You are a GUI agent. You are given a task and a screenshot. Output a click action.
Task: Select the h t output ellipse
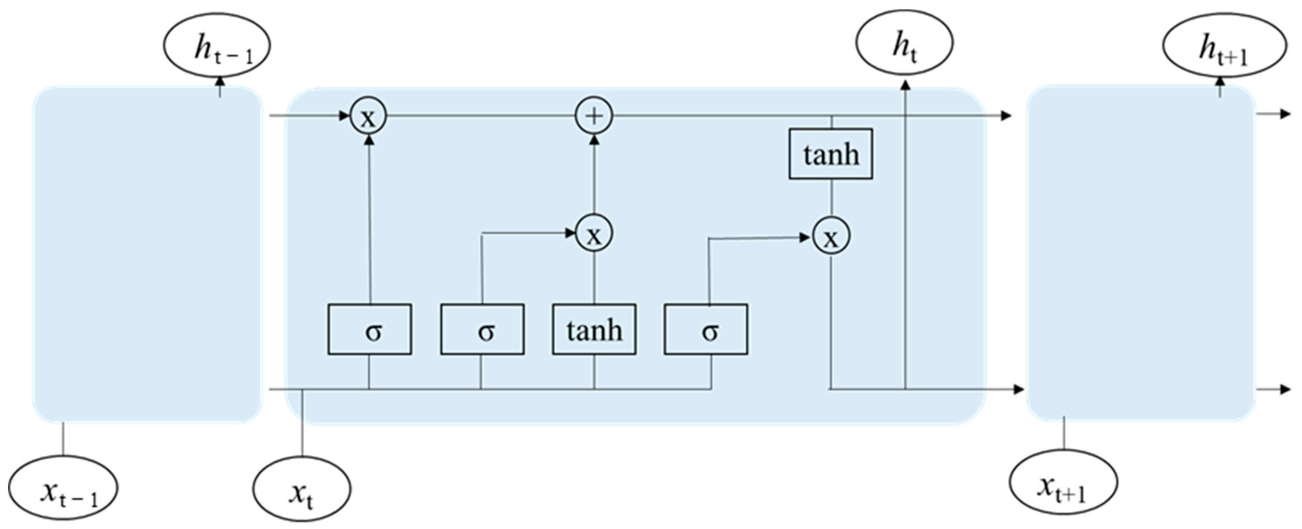(904, 42)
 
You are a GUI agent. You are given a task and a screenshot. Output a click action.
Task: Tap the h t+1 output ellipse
(1224, 46)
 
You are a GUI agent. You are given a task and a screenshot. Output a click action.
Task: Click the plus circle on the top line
(594, 116)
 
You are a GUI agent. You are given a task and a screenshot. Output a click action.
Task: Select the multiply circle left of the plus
(368, 116)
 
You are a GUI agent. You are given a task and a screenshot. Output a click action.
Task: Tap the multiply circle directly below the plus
(594, 233)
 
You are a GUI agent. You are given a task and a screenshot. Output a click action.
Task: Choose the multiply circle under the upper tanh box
(831, 236)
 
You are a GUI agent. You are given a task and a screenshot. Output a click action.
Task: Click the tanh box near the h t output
(830, 154)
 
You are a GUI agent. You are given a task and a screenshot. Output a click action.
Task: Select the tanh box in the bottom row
(594, 329)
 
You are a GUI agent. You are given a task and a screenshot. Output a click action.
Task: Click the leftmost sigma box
(369, 329)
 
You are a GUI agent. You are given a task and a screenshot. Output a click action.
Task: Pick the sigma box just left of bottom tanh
(482, 329)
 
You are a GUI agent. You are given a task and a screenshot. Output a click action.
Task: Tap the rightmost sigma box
(706, 329)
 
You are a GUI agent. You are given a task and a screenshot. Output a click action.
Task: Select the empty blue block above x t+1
(1141, 253)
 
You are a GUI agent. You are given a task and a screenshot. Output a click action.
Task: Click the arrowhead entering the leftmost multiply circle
(345, 116)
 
